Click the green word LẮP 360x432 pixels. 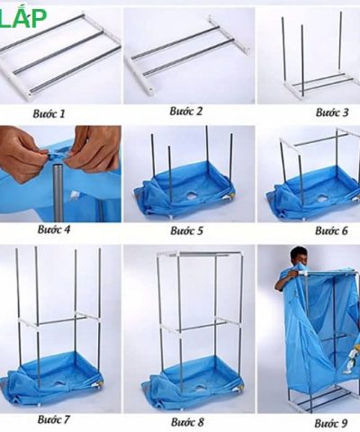[x=23, y=17]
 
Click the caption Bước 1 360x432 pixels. [x=49, y=114]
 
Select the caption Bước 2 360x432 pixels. [x=186, y=112]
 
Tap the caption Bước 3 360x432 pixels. [x=332, y=112]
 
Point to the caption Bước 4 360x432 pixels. [x=54, y=229]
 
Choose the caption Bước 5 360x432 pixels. [x=187, y=230]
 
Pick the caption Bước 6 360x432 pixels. [x=331, y=230]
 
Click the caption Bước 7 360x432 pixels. [x=54, y=419]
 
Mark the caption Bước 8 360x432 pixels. [x=187, y=422]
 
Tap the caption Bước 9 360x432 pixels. [x=331, y=423]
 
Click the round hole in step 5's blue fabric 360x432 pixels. [x=191, y=195]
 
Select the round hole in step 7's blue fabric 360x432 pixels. [x=58, y=383]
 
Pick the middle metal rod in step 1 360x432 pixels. [x=58, y=51]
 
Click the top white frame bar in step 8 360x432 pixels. [x=200, y=255]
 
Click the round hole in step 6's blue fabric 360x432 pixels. [x=323, y=197]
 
